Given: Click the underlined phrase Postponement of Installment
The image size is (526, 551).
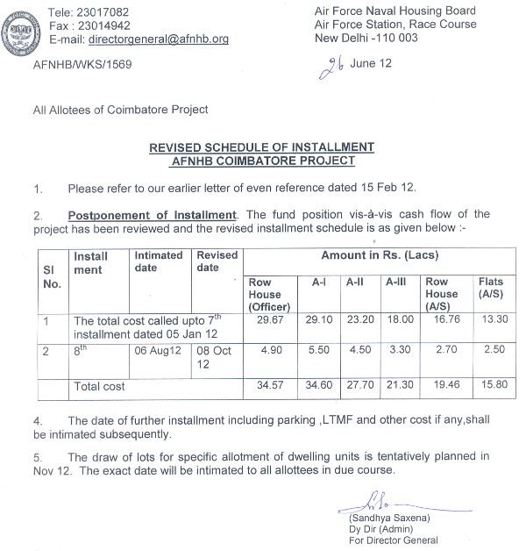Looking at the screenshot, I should click(x=153, y=215).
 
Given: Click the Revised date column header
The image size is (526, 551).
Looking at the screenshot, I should click(x=217, y=261).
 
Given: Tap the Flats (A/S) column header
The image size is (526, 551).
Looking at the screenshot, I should click(x=490, y=288).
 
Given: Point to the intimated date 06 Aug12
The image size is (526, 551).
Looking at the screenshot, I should click(x=158, y=350).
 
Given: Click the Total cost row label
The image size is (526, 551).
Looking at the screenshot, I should click(x=99, y=386).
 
